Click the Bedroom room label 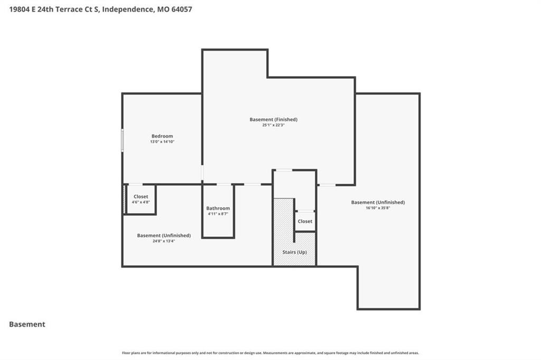click(x=162, y=136)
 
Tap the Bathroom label click(x=218, y=209)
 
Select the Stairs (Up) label click(x=295, y=252)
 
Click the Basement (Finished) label click(x=274, y=119)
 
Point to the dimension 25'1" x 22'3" click(x=273, y=125)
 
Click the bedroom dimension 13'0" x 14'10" click(x=162, y=141)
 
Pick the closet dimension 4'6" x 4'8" click(x=141, y=202)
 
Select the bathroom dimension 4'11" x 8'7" click(x=218, y=214)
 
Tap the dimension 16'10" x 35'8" click(x=378, y=208)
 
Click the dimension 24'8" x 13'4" click(x=164, y=241)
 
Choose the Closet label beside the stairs click(x=305, y=221)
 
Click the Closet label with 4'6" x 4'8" click(x=141, y=196)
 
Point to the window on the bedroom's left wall click(x=122, y=140)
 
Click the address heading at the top click(x=100, y=10)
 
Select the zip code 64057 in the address click(x=182, y=10)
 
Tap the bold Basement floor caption click(x=27, y=324)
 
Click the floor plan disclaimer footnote click(x=270, y=353)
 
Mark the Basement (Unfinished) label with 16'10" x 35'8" click(x=378, y=202)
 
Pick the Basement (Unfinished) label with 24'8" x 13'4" click(x=164, y=235)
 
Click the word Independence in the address click(x=128, y=10)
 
